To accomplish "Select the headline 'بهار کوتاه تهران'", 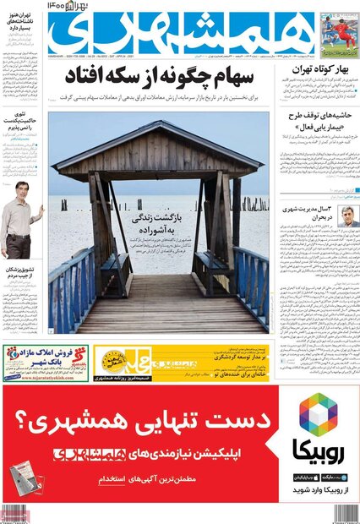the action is (x=325, y=74).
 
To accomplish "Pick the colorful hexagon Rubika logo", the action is (x=318, y=414).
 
